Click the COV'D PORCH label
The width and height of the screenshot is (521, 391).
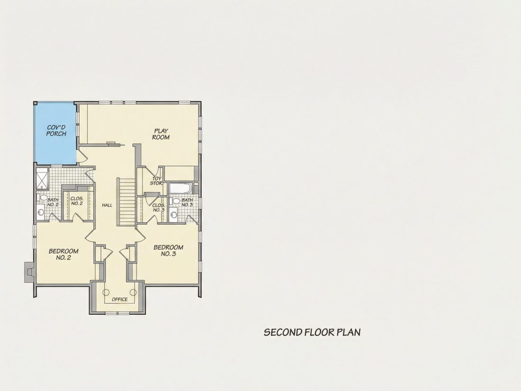(x=56, y=130)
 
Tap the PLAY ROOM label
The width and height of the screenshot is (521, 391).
(x=161, y=134)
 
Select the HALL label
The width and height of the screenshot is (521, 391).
(x=107, y=205)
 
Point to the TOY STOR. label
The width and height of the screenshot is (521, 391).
(x=156, y=181)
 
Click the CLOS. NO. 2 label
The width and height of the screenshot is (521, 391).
(x=77, y=201)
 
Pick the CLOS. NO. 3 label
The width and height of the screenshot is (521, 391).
(x=159, y=208)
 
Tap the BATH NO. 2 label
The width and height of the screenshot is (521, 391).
(x=53, y=202)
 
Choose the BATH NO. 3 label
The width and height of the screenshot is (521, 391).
(x=187, y=202)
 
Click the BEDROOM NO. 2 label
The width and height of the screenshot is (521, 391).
(x=63, y=255)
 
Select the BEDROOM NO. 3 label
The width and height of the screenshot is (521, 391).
(x=169, y=250)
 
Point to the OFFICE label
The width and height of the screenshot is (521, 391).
(x=120, y=299)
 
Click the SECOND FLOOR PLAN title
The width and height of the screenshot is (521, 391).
(x=312, y=332)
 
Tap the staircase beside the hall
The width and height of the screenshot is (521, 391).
(x=127, y=202)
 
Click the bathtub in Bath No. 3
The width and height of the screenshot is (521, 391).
(x=180, y=188)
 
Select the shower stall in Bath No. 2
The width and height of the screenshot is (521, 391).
(x=43, y=179)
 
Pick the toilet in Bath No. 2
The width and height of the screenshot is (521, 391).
(x=42, y=197)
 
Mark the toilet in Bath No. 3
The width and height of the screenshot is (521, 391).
(x=175, y=201)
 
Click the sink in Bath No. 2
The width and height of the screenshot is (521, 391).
(x=41, y=212)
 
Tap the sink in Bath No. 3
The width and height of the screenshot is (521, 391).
(x=173, y=215)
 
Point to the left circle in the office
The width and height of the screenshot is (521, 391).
(x=106, y=292)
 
